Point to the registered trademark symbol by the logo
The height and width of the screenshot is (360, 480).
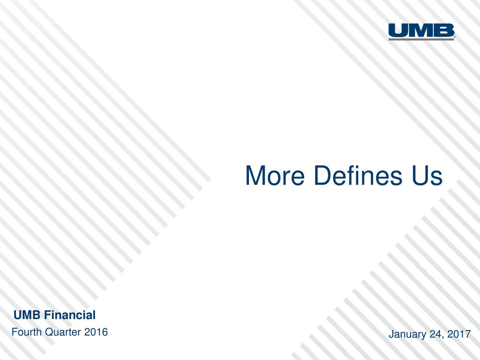[x=455, y=37]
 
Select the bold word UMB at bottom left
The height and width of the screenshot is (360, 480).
[x=27, y=315]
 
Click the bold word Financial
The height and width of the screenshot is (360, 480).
[x=69, y=315]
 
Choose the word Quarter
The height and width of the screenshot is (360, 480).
[x=63, y=332]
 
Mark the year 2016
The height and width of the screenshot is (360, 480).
[x=96, y=332]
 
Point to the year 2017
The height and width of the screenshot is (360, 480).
[x=459, y=334]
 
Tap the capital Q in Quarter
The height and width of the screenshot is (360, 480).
[x=49, y=332]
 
